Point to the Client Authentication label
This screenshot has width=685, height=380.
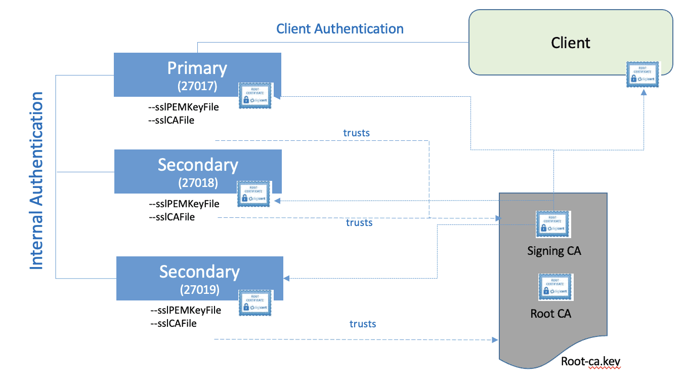click(339, 28)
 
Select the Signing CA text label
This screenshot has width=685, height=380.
click(554, 250)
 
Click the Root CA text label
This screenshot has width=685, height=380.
click(550, 314)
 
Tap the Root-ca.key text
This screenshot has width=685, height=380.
click(591, 362)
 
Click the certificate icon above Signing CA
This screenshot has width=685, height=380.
click(553, 224)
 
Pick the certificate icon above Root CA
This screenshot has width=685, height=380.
click(555, 287)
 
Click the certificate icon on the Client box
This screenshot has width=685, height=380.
click(644, 75)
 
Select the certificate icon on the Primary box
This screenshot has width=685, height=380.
click(255, 96)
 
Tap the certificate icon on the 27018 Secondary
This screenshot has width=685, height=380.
click(254, 194)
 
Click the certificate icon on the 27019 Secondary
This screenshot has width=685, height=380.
click(255, 303)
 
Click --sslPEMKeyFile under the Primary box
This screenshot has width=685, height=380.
click(183, 107)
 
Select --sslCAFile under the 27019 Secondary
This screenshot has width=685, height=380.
click(173, 323)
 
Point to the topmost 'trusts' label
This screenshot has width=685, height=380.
click(356, 133)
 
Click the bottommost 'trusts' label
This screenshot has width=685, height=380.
click(363, 324)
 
